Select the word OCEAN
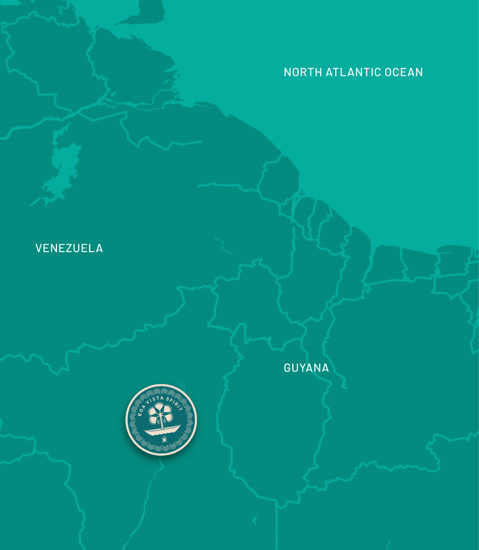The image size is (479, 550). (404, 72)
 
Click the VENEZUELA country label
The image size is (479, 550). (69, 248)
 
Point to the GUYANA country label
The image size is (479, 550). (306, 368)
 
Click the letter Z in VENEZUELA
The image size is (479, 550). (67, 248)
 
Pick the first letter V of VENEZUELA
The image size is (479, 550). (39, 248)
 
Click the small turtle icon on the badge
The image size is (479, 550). (165, 439)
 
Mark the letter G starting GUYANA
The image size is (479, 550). (287, 368)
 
